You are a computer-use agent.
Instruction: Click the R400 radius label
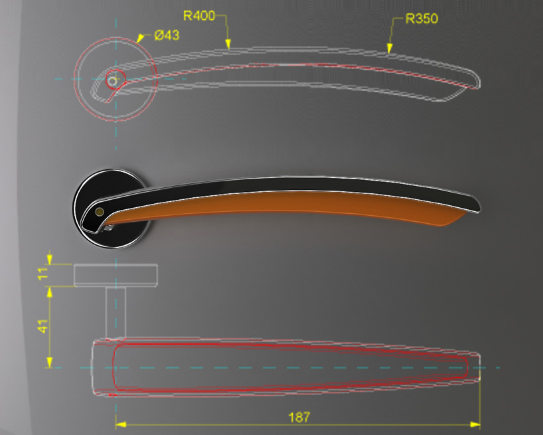199,15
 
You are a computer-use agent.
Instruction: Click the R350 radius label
422,19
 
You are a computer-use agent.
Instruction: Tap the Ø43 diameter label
167,35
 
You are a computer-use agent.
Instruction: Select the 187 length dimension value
299,417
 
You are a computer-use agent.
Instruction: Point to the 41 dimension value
43,326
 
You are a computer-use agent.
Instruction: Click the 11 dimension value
43,274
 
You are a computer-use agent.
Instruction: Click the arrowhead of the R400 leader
228,44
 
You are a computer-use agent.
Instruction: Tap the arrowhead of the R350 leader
390,48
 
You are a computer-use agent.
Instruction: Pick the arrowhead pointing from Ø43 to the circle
140,38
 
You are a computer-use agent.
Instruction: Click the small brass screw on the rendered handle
100,212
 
